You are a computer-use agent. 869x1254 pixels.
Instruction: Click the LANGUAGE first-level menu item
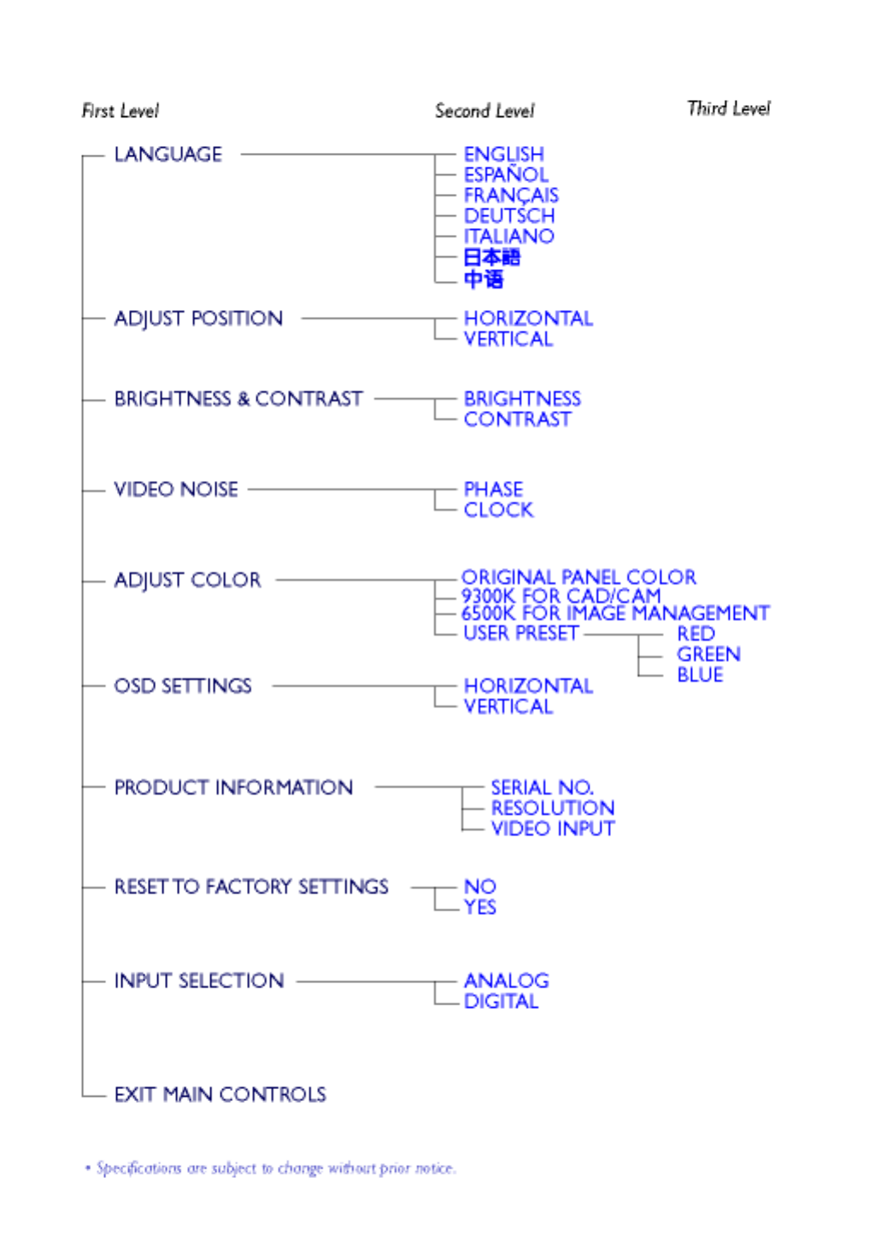[x=167, y=155]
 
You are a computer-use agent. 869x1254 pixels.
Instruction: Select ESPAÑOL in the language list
[x=506, y=175]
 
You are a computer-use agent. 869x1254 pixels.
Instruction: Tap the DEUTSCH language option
[x=509, y=216]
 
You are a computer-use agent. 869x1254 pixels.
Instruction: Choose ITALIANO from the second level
[x=509, y=237]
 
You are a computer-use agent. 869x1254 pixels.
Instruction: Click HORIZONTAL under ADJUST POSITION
[x=528, y=319]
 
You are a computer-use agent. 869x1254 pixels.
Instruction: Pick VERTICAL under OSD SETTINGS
[x=508, y=706]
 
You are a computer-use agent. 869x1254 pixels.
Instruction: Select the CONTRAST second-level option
[x=517, y=419]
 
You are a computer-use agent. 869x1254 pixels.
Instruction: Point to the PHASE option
[x=493, y=489]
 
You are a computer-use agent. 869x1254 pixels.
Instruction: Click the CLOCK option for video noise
[x=498, y=510]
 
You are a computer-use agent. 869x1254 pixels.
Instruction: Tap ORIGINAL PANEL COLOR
[x=578, y=577]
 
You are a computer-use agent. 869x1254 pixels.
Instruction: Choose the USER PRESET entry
[x=520, y=633]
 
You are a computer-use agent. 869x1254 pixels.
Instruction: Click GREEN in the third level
[x=708, y=654]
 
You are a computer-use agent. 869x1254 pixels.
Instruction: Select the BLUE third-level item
[x=700, y=675]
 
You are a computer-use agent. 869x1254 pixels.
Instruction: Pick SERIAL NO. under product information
[x=542, y=788]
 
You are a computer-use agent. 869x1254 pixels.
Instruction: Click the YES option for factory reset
[x=480, y=907]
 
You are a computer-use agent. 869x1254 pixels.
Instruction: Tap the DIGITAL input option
[x=501, y=1001]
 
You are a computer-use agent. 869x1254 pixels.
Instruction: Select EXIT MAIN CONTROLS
[x=220, y=1094]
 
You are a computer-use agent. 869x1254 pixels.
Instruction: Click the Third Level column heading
[x=728, y=108]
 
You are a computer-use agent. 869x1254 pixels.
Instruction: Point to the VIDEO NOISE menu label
[x=176, y=489]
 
